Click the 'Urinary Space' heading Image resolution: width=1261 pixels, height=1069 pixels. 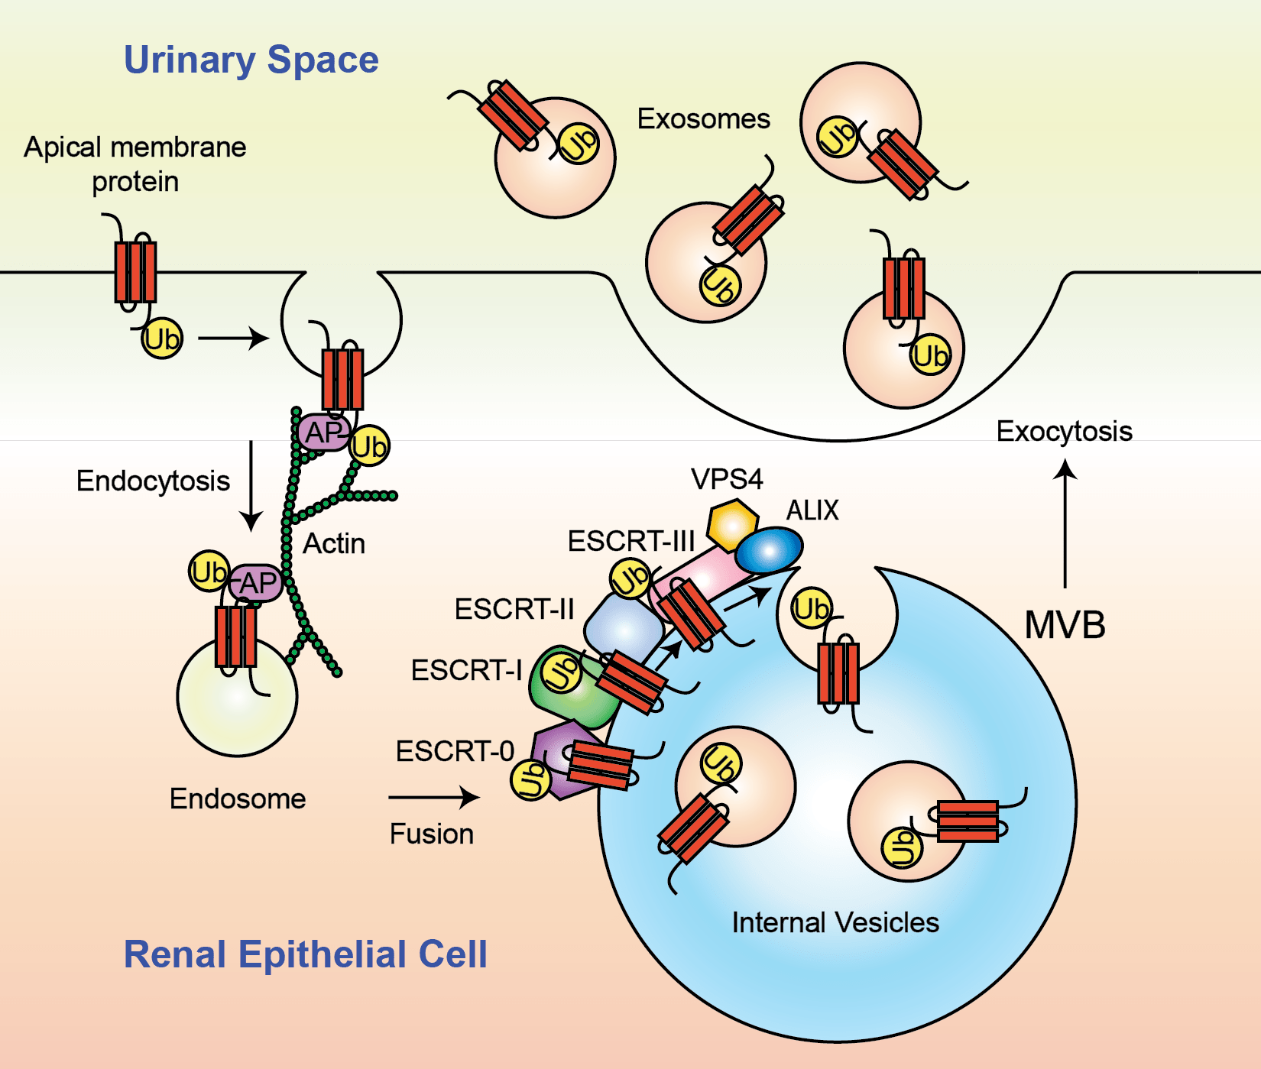251,60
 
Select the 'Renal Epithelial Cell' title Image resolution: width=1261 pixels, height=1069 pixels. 305,954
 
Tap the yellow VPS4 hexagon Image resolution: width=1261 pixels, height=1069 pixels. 732,524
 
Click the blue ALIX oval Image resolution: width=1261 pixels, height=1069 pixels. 770,549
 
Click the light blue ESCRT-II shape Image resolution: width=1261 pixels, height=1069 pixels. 623,628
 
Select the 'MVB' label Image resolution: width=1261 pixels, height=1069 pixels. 1065,625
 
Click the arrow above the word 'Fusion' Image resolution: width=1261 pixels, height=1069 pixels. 433,798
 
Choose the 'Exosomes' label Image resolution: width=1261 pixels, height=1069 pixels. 703,119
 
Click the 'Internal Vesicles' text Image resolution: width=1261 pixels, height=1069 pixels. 835,922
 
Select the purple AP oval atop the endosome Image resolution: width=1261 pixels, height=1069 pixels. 256,584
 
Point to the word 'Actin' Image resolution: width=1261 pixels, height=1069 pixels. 334,544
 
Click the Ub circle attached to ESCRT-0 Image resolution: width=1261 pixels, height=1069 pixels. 530,780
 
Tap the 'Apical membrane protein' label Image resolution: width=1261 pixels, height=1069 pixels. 135,164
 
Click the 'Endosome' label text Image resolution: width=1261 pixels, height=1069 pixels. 237,799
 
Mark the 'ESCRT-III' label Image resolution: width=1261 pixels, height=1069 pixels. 630,541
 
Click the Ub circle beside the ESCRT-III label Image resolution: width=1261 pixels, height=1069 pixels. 630,578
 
